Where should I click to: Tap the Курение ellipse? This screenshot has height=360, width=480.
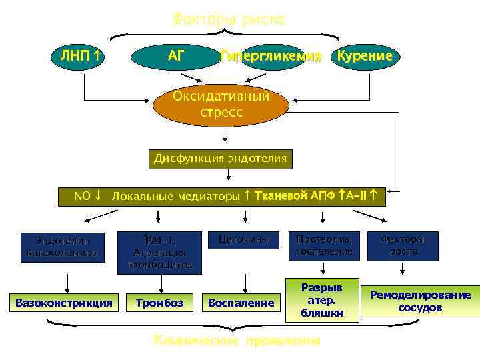pos(365,56)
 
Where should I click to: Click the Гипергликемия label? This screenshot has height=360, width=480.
pos(271,56)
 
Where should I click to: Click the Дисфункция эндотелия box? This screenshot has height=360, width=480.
pos(220,159)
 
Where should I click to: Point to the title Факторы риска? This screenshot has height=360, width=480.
pos(228,19)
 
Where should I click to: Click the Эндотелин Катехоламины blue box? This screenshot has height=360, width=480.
pos(64,246)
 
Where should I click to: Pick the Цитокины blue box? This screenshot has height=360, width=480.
pos(244,239)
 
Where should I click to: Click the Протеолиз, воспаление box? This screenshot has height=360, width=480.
pos(323,245)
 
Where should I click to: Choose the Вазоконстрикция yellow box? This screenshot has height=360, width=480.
pos(64,302)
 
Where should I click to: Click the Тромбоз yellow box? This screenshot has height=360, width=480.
pos(159,302)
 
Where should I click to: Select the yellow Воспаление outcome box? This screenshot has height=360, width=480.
pos(241,303)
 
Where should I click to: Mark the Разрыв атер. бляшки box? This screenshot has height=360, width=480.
pos(321,299)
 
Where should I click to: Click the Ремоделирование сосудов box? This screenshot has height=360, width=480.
pos(420,301)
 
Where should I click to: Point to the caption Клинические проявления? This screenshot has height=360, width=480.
pos(237,341)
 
